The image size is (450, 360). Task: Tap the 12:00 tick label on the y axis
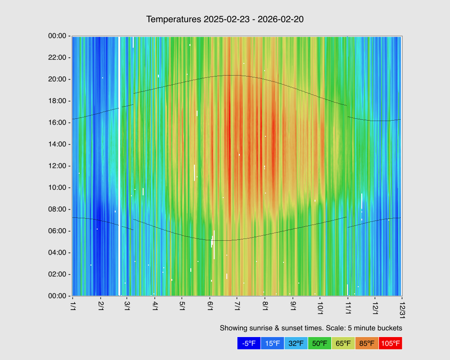pos(57,166)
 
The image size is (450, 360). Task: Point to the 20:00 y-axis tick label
pos(57,79)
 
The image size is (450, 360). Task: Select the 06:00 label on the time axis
pos(57,231)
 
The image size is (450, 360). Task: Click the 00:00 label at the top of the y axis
pos(57,36)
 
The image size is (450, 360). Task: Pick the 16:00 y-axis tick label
pos(57,122)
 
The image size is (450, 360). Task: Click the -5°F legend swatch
pos(249,343)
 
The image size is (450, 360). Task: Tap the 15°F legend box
pos(272,343)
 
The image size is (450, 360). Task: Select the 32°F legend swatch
pos(296,343)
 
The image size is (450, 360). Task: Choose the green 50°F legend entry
pos(319,343)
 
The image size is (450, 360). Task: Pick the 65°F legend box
pos(343,343)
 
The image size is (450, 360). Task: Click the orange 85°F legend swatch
pos(366,343)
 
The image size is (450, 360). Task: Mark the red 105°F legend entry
pos(390,343)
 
